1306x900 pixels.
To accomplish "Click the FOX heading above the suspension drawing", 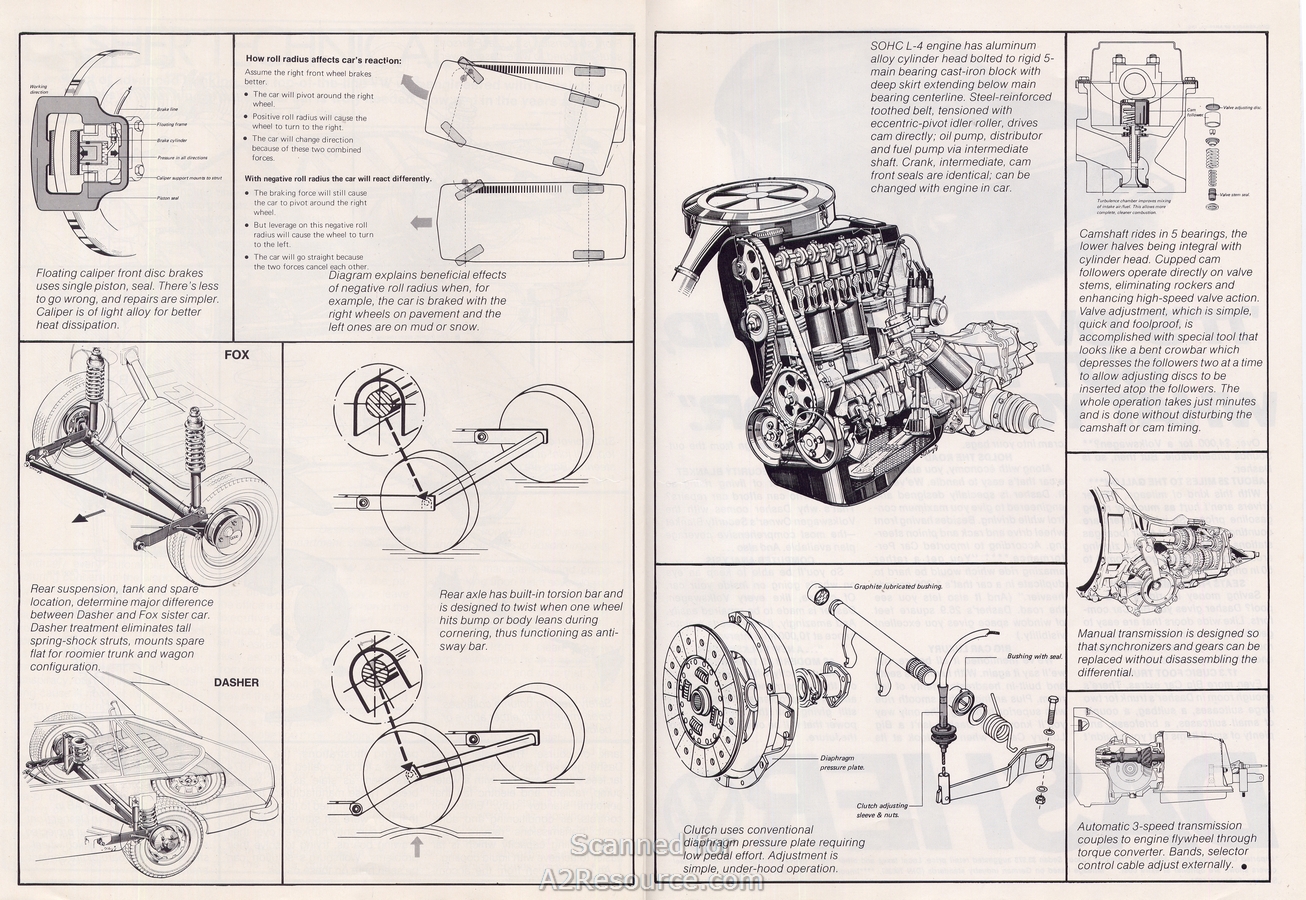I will click(237, 354).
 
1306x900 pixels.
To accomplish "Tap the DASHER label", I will click(237, 683).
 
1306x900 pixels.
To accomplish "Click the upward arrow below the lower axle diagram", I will click(417, 846).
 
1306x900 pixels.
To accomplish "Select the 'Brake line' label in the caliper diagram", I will click(167, 108).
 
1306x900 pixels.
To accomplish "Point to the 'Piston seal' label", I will click(169, 197).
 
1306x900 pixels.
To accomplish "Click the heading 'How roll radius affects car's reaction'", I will click(323, 60).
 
